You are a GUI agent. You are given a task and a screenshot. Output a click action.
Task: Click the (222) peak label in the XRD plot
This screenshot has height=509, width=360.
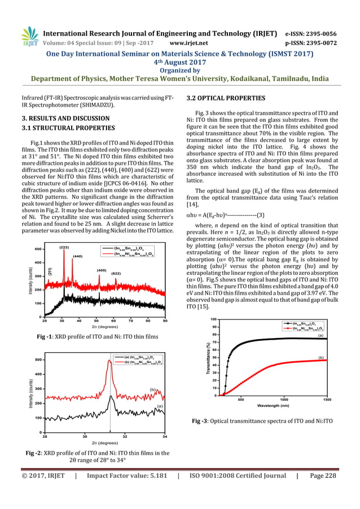[x=64, y=247]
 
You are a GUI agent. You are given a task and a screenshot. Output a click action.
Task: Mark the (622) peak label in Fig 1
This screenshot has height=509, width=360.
[x=116, y=273]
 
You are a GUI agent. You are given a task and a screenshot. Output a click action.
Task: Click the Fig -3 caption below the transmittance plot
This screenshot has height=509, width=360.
[x=262, y=421]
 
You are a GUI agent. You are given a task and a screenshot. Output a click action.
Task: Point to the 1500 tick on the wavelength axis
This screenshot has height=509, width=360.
[x=326, y=399]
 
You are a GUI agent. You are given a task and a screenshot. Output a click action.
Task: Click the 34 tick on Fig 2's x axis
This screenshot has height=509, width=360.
[x=164, y=436]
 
